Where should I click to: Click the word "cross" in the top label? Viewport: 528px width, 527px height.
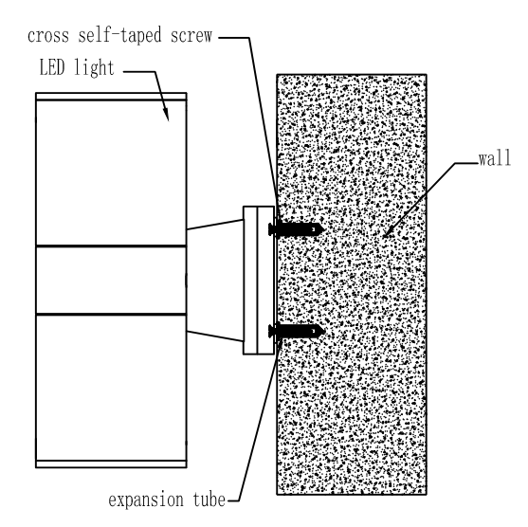point(48,36)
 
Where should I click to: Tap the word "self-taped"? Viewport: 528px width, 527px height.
point(119,36)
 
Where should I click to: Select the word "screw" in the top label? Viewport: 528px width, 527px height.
point(191,36)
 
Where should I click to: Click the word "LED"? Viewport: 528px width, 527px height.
point(52,67)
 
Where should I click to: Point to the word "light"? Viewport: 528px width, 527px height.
point(94,68)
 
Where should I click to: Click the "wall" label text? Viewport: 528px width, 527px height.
point(495,158)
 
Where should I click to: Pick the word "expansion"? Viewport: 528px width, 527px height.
point(146,500)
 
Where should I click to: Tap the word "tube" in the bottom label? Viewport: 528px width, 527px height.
point(209,500)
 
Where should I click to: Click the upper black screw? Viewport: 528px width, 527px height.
point(297,229)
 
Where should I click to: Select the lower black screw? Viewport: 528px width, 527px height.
point(297,331)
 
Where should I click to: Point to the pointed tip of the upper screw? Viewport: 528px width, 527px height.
point(324,229)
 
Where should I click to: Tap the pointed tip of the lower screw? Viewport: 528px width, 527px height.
point(325,331)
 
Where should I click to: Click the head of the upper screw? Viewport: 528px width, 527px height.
point(271,229)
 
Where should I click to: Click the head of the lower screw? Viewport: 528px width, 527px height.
point(271,331)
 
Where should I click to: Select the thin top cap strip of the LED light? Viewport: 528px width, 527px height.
point(111,97)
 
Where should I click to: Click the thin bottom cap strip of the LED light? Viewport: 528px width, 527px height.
point(111,464)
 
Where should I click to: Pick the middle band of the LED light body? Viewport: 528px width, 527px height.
point(111,281)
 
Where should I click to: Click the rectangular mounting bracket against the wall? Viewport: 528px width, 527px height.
point(259,281)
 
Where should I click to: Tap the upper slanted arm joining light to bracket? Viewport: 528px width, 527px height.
point(215,225)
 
